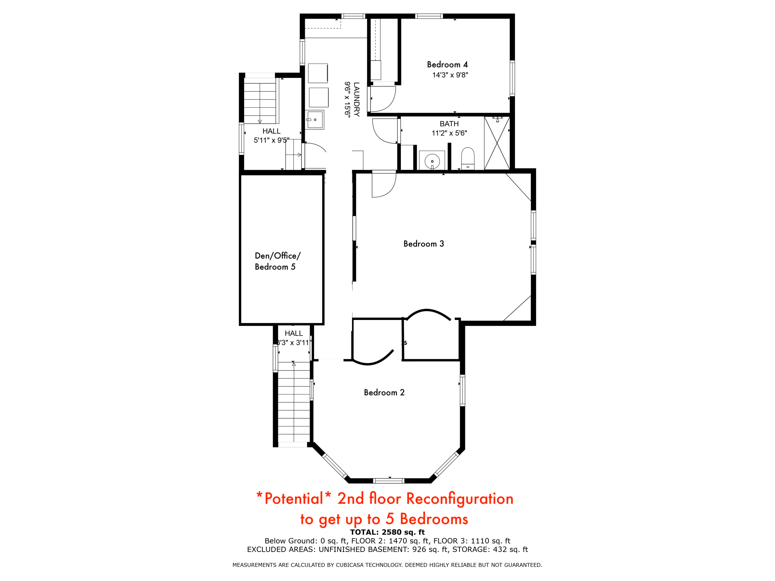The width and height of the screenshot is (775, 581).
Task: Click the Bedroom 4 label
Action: click(447, 64)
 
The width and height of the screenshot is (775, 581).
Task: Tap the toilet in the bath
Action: click(468, 158)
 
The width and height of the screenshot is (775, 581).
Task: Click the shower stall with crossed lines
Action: click(497, 143)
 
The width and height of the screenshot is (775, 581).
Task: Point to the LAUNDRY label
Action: click(357, 99)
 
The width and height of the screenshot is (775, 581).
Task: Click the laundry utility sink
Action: click(315, 120)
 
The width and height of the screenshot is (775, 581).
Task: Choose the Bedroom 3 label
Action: click(424, 244)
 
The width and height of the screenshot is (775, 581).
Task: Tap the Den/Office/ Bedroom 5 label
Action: click(277, 261)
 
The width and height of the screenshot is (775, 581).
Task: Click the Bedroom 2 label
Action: click(384, 393)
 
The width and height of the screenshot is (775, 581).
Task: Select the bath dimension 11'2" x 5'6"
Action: click(449, 133)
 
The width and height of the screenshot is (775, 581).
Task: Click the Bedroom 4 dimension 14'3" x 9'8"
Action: click(450, 75)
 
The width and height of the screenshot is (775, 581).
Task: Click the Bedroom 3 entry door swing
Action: click(383, 184)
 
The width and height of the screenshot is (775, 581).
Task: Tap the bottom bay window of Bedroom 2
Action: click(388, 480)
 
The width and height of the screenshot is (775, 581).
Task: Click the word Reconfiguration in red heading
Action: click(459, 499)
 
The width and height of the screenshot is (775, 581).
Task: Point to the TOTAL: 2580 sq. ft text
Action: click(387, 532)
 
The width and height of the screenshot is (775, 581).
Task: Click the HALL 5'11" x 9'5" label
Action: click(271, 136)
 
